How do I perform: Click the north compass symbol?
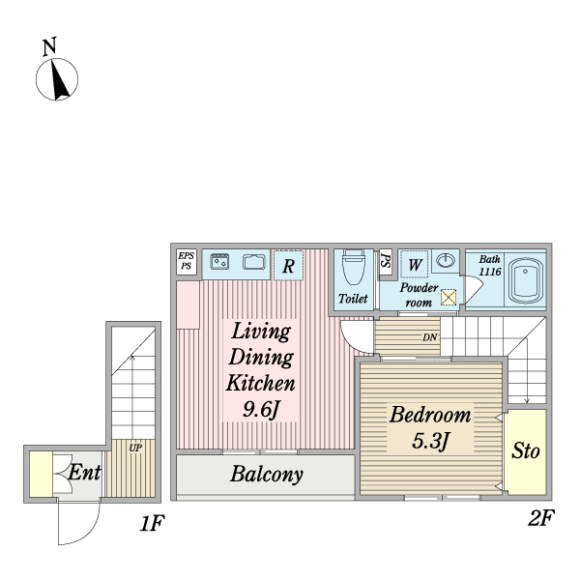(x=58, y=78)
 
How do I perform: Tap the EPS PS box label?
(x=186, y=261)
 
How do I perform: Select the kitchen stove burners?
(x=219, y=261)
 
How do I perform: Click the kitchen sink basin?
(x=254, y=262)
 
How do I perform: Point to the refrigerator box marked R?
(x=288, y=264)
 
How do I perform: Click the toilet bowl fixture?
(x=353, y=267)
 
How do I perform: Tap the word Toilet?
(x=353, y=299)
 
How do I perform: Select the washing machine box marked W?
(x=414, y=264)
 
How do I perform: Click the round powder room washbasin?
(x=446, y=261)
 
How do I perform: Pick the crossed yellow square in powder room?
(x=449, y=298)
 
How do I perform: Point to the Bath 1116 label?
(x=490, y=266)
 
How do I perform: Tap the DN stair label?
(x=430, y=337)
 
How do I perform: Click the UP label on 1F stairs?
(x=135, y=449)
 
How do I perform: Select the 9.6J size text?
(x=260, y=409)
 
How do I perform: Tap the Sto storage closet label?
(x=525, y=451)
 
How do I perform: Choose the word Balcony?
(x=267, y=475)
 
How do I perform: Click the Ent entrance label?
(x=85, y=474)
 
